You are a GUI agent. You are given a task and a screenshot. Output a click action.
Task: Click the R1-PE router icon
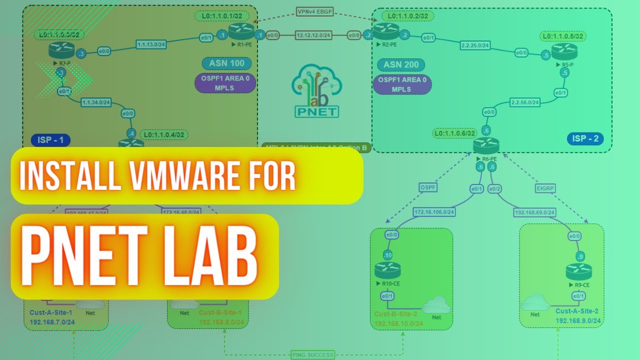click(241, 32)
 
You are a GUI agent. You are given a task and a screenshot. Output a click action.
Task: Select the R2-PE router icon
click(386, 32)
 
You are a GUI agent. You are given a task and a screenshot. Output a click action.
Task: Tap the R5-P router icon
click(564, 51)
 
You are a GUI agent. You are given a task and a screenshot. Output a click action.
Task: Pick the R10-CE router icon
click(387, 270)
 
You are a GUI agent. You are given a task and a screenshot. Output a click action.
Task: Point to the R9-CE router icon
click(578, 272)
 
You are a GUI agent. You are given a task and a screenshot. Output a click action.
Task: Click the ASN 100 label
click(226, 63)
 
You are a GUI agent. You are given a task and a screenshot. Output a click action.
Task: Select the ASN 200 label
click(401, 64)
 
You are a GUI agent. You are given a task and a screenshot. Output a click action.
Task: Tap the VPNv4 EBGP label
click(315, 11)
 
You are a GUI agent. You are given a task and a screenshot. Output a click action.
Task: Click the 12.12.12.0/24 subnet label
click(314, 35)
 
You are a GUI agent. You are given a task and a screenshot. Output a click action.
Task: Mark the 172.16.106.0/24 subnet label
click(433, 212)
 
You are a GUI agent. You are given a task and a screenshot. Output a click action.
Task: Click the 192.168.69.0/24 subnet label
click(534, 212)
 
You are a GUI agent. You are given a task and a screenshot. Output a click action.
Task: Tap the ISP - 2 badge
click(585, 138)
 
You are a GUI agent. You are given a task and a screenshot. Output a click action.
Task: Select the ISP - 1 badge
click(50, 139)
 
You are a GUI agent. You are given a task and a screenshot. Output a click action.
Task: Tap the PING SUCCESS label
click(312, 355)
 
